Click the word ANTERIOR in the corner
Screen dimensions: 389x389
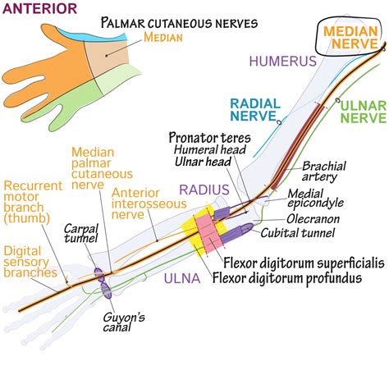pos(39,8)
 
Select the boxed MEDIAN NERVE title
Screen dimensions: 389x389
pos(350,37)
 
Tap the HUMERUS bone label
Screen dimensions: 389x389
pos(283,61)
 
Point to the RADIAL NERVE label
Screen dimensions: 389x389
pos(255,110)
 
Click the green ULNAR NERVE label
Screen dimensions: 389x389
pos(364,112)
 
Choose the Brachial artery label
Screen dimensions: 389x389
pos(323,172)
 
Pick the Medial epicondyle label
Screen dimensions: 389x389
pos(315,199)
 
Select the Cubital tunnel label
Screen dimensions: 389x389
pos(298,233)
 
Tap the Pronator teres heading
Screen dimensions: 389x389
pos(209,137)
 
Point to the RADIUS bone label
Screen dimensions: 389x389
pos(204,190)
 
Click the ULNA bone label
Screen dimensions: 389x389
pos(182,278)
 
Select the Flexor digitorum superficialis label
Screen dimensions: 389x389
pos(304,263)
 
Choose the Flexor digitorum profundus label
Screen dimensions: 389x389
pos(287,278)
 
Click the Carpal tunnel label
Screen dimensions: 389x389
pos(81,233)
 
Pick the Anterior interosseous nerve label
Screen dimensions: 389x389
pos(149,204)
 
